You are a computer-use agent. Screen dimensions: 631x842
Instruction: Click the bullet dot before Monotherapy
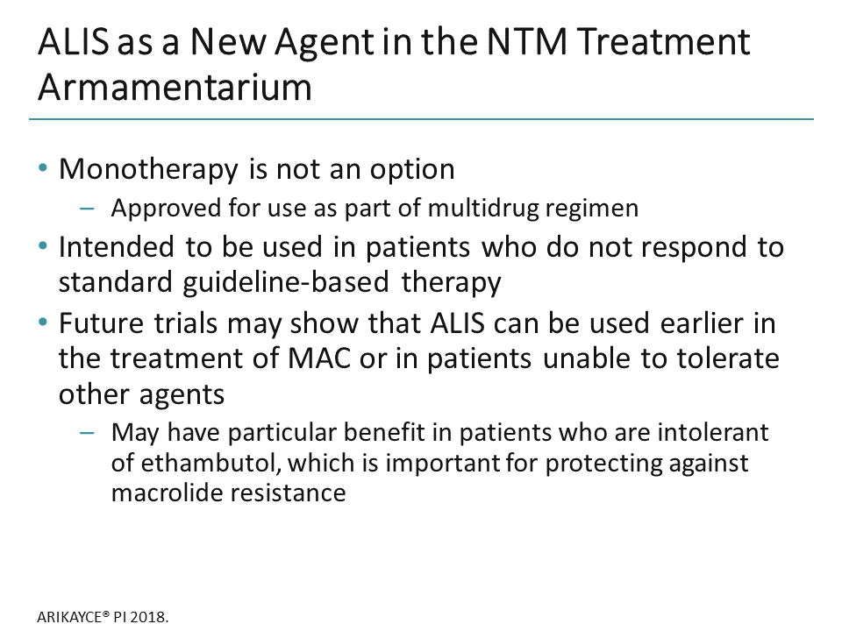coord(44,168)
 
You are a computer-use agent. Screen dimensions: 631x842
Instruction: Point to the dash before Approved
coord(86,209)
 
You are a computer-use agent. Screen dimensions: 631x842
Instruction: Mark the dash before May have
coord(86,433)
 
